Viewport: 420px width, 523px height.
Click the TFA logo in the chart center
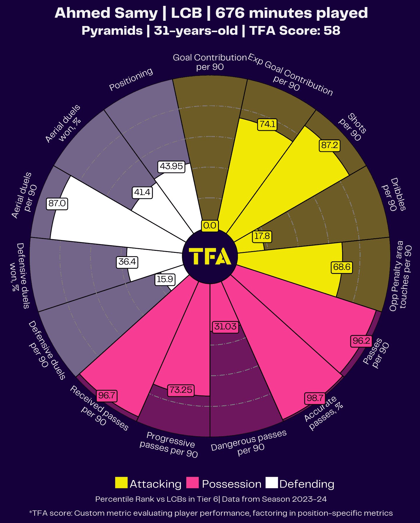point(210,256)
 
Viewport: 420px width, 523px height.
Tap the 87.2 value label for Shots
point(330,145)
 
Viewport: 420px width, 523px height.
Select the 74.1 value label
point(267,124)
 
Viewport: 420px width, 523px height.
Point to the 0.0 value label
point(210,225)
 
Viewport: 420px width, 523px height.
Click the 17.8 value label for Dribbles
point(262,236)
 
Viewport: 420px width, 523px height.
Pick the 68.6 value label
point(342,267)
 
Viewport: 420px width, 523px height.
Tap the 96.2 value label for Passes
point(361,341)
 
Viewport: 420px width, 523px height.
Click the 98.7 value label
point(315,398)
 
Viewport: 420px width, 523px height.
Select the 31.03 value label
point(226,326)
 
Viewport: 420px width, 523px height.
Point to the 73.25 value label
point(181,390)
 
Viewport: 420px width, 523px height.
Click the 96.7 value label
point(107,396)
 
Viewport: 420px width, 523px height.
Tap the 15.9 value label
point(165,279)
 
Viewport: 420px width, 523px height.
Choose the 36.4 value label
point(127,262)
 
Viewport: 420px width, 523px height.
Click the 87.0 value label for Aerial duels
point(57,203)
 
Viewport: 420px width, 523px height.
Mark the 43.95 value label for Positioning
point(171,166)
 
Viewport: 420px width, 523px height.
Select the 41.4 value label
point(142,192)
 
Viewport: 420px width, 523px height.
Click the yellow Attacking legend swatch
point(121,483)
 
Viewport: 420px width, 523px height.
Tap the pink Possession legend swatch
point(192,483)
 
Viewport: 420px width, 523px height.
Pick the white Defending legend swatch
point(272,483)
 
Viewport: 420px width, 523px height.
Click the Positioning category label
point(131,79)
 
